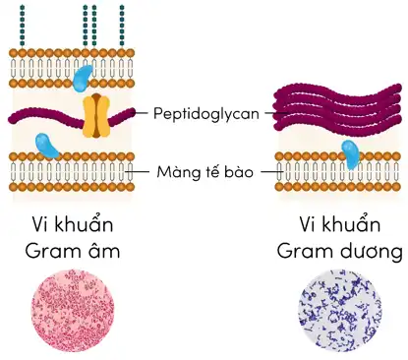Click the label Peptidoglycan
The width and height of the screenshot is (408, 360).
pyautogui.click(x=205, y=114)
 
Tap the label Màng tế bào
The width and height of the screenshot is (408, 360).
pyautogui.click(x=204, y=173)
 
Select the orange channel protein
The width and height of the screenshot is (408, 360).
pyautogui.click(x=94, y=115)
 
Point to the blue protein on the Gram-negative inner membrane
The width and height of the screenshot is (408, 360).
pyautogui.click(x=46, y=147)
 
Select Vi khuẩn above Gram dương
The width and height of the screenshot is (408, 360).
pyautogui.click(x=338, y=223)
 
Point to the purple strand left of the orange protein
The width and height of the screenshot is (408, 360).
pyautogui.click(x=44, y=117)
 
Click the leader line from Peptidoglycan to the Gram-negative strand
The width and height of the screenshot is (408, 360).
pyautogui.click(x=139, y=114)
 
